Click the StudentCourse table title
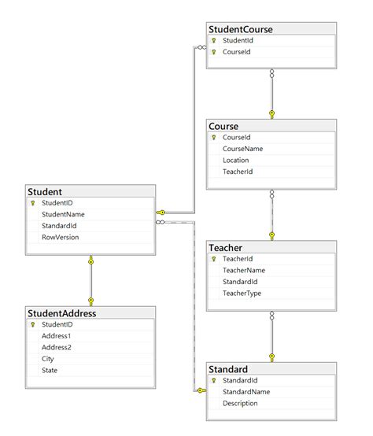[x=241, y=30]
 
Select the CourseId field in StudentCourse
[x=237, y=52]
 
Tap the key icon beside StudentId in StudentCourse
[x=213, y=40]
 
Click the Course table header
[x=223, y=126]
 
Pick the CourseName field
[x=242, y=148]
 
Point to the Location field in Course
[x=236, y=160]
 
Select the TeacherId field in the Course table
[x=238, y=171]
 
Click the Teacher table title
[x=226, y=247]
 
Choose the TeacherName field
[x=243, y=270]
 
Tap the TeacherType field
[x=242, y=293]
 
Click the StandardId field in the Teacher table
[x=240, y=281]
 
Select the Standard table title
[x=228, y=369]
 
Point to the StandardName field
[x=246, y=391]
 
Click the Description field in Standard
[x=240, y=403]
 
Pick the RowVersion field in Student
[x=60, y=236]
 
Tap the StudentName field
[x=63, y=213]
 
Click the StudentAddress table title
[x=61, y=313]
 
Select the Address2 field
[x=56, y=347]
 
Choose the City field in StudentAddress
[x=48, y=358]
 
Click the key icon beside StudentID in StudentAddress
[x=32, y=324]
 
